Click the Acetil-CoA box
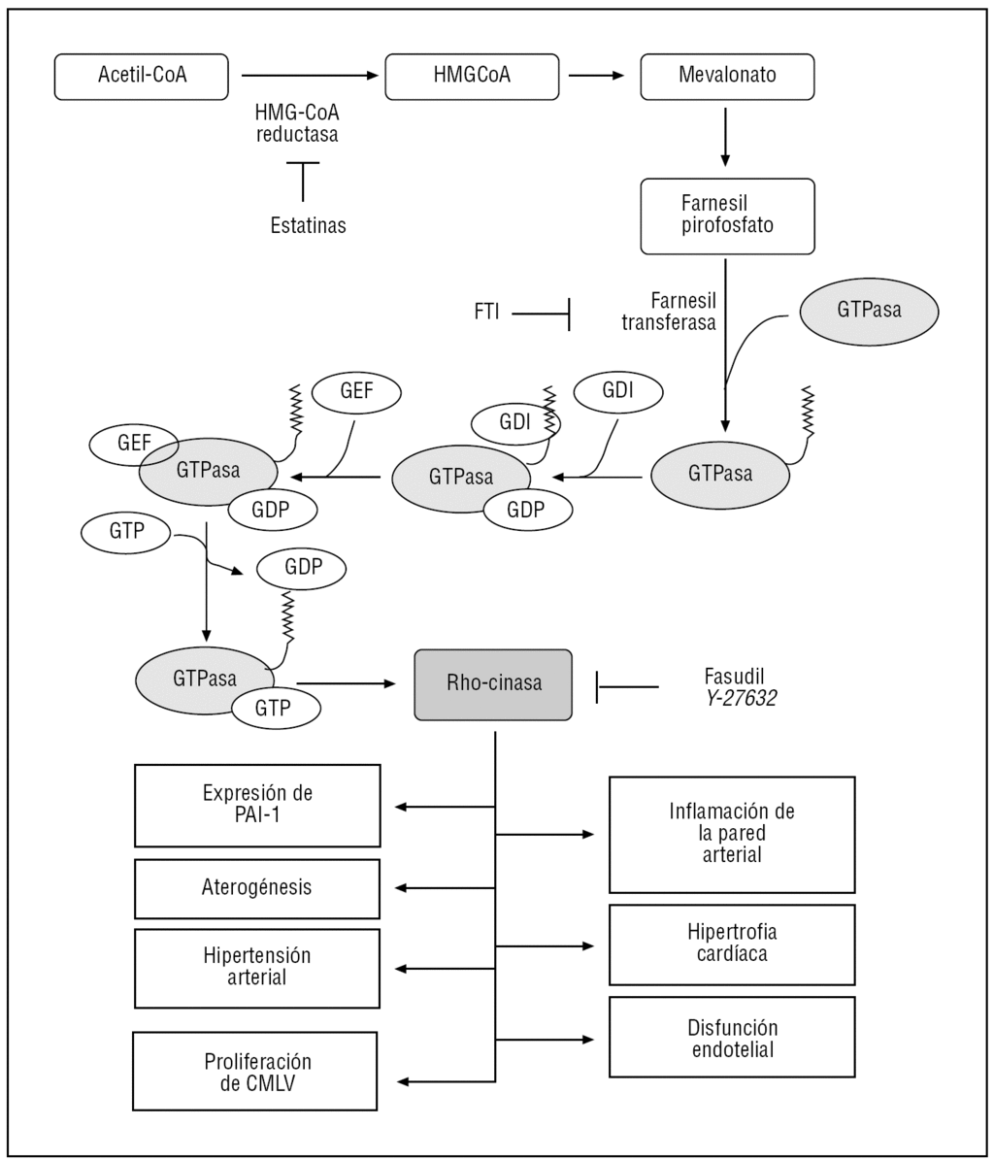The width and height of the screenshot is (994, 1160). coord(143,76)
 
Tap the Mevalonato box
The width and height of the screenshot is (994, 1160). coord(727,76)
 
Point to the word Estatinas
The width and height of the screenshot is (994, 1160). coord(308,226)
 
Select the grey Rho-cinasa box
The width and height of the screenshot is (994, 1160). coord(492,683)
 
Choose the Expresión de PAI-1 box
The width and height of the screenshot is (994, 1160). coord(257,805)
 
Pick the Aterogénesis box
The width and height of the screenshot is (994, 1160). coord(257,887)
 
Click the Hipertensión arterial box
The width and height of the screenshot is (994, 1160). coord(257,968)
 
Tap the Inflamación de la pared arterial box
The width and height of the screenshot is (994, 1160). coord(732,834)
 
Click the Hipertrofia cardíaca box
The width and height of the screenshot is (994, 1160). coord(732,944)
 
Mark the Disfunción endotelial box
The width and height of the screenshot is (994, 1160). coord(732,1038)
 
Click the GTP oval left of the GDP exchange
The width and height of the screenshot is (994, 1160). coord(126,533)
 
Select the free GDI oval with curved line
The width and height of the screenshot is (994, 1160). coord(618,390)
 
